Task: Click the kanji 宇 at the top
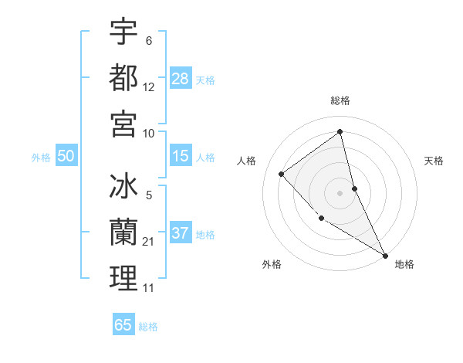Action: tap(123, 32)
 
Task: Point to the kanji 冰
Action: tap(123, 188)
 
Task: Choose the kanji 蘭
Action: tap(123, 232)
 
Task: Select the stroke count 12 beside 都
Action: tap(149, 87)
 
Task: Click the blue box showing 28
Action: tap(181, 78)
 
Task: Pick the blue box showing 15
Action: tap(181, 156)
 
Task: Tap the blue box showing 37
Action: tap(181, 233)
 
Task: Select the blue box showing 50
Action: tap(66, 156)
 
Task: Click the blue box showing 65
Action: tap(123, 325)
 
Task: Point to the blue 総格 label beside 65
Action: tap(148, 327)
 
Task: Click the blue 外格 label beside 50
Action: tap(41, 158)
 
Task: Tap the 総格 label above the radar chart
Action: tap(340, 100)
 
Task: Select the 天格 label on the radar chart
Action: tap(434, 161)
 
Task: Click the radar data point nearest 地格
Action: tap(385, 256)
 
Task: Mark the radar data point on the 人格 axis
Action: tap(282, 174)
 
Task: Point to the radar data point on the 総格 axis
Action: tap(340, 131)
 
